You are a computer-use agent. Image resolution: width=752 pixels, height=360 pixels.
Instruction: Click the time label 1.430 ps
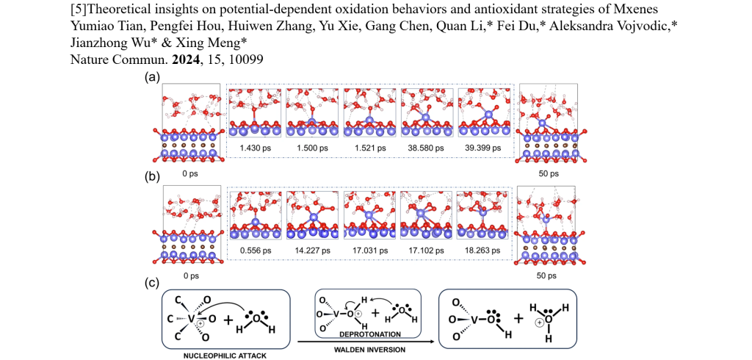(256, 148)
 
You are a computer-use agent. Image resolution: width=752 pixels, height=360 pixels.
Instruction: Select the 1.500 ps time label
(312, 148)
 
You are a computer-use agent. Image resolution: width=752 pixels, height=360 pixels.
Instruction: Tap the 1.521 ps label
(369, 148)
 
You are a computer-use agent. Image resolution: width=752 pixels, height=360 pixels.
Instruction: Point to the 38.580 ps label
(427, 148)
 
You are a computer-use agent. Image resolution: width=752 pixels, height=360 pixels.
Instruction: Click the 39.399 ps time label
(484, 148)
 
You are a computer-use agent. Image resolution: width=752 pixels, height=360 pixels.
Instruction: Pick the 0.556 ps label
(256, 250)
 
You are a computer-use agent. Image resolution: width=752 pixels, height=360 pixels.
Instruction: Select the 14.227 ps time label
(312, 250)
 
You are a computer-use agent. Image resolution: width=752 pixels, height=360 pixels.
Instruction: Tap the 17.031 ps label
(369, 250)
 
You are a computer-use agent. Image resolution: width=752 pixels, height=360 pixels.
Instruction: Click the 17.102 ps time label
(427, 250)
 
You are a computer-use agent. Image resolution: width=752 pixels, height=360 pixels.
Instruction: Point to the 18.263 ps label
(484, 250)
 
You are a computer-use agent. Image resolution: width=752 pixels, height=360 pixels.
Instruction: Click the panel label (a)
(153, 76)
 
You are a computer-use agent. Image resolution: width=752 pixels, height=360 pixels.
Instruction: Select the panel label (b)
(153, 179)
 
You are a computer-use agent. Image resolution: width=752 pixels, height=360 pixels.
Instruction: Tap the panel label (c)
(153, 281)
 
